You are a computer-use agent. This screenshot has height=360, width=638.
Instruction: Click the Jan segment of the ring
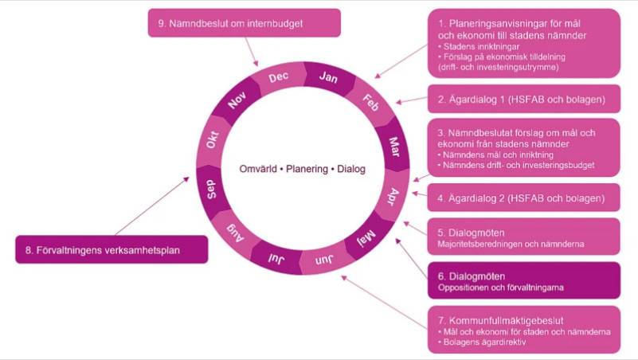click(x=327, y=77)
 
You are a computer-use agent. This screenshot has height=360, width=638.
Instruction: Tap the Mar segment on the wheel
click(x=394, y=146)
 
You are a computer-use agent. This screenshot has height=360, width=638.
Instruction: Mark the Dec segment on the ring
click(x=278, y=78)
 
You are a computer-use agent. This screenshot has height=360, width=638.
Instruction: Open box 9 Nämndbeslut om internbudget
click(x=245, y=23)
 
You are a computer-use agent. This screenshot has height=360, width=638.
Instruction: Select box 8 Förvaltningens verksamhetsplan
click(x=112, y=250)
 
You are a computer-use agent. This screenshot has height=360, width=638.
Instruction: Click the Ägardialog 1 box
click(x=523, y=100)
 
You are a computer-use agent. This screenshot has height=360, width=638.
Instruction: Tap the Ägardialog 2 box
click(x=523, y=197)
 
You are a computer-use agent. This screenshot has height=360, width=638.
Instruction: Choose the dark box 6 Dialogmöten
click(x=523, y=280)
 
